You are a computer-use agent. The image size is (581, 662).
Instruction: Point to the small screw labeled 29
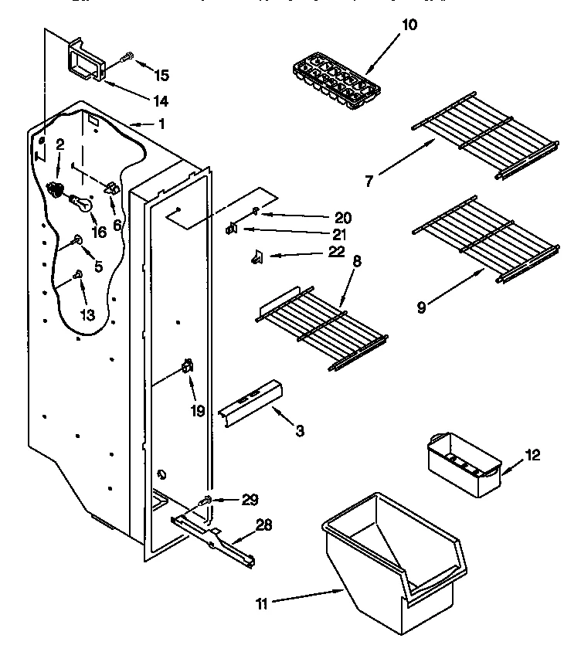207,501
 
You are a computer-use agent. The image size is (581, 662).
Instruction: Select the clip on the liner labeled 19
186,366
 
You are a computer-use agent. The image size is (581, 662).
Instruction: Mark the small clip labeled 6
113,187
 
